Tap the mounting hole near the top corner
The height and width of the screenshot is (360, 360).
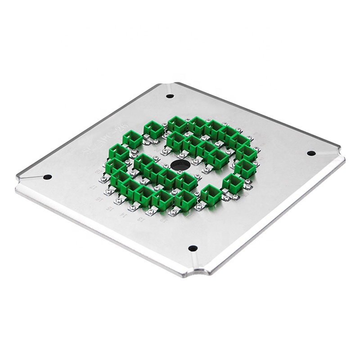click(x=170, y=96)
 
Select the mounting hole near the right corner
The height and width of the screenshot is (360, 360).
click(x=311, y=153)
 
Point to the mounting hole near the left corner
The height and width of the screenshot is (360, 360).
click(x=47, y=177)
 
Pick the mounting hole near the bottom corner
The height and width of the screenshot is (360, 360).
click(x=193, y=248)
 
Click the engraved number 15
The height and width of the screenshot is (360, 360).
click(x=109, y=208)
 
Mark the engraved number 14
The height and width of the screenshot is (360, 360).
click(x=123, y=216)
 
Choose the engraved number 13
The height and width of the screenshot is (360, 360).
click(x=141, y=220)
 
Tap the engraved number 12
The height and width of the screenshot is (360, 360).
click(x=163, y=220)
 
